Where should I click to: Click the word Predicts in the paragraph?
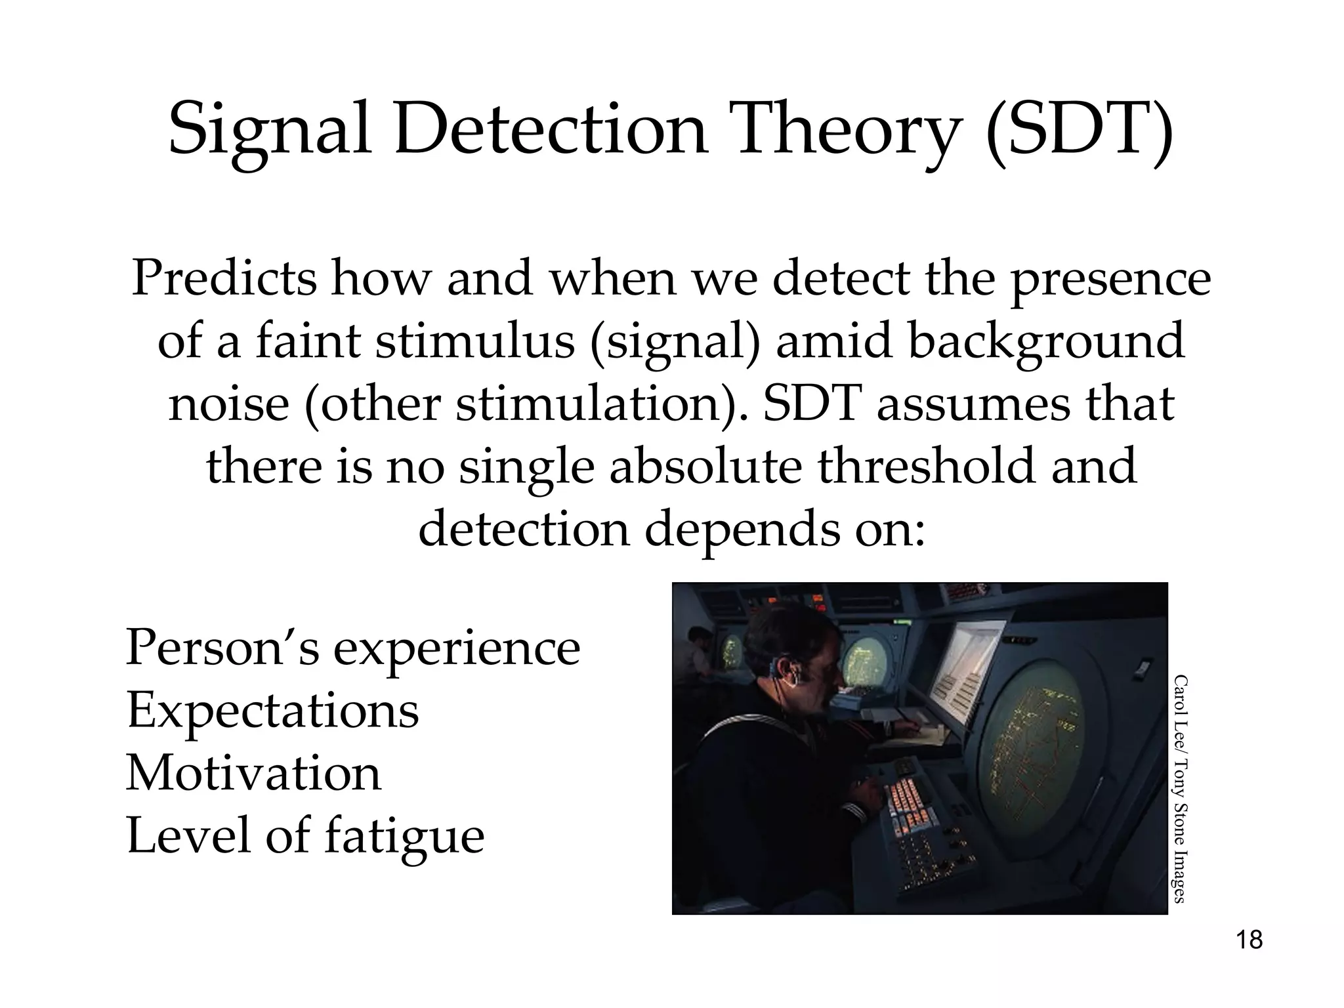[x=223, y=278]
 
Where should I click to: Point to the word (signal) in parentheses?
[x=676, y=341]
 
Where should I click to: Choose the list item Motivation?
[x=253, y=773]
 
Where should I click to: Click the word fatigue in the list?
[x=404, y=836]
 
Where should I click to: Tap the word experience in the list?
[x=457, y=648]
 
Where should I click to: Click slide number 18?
[x=1249, y=940]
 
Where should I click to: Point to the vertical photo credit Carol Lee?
[x=1179, y=702]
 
